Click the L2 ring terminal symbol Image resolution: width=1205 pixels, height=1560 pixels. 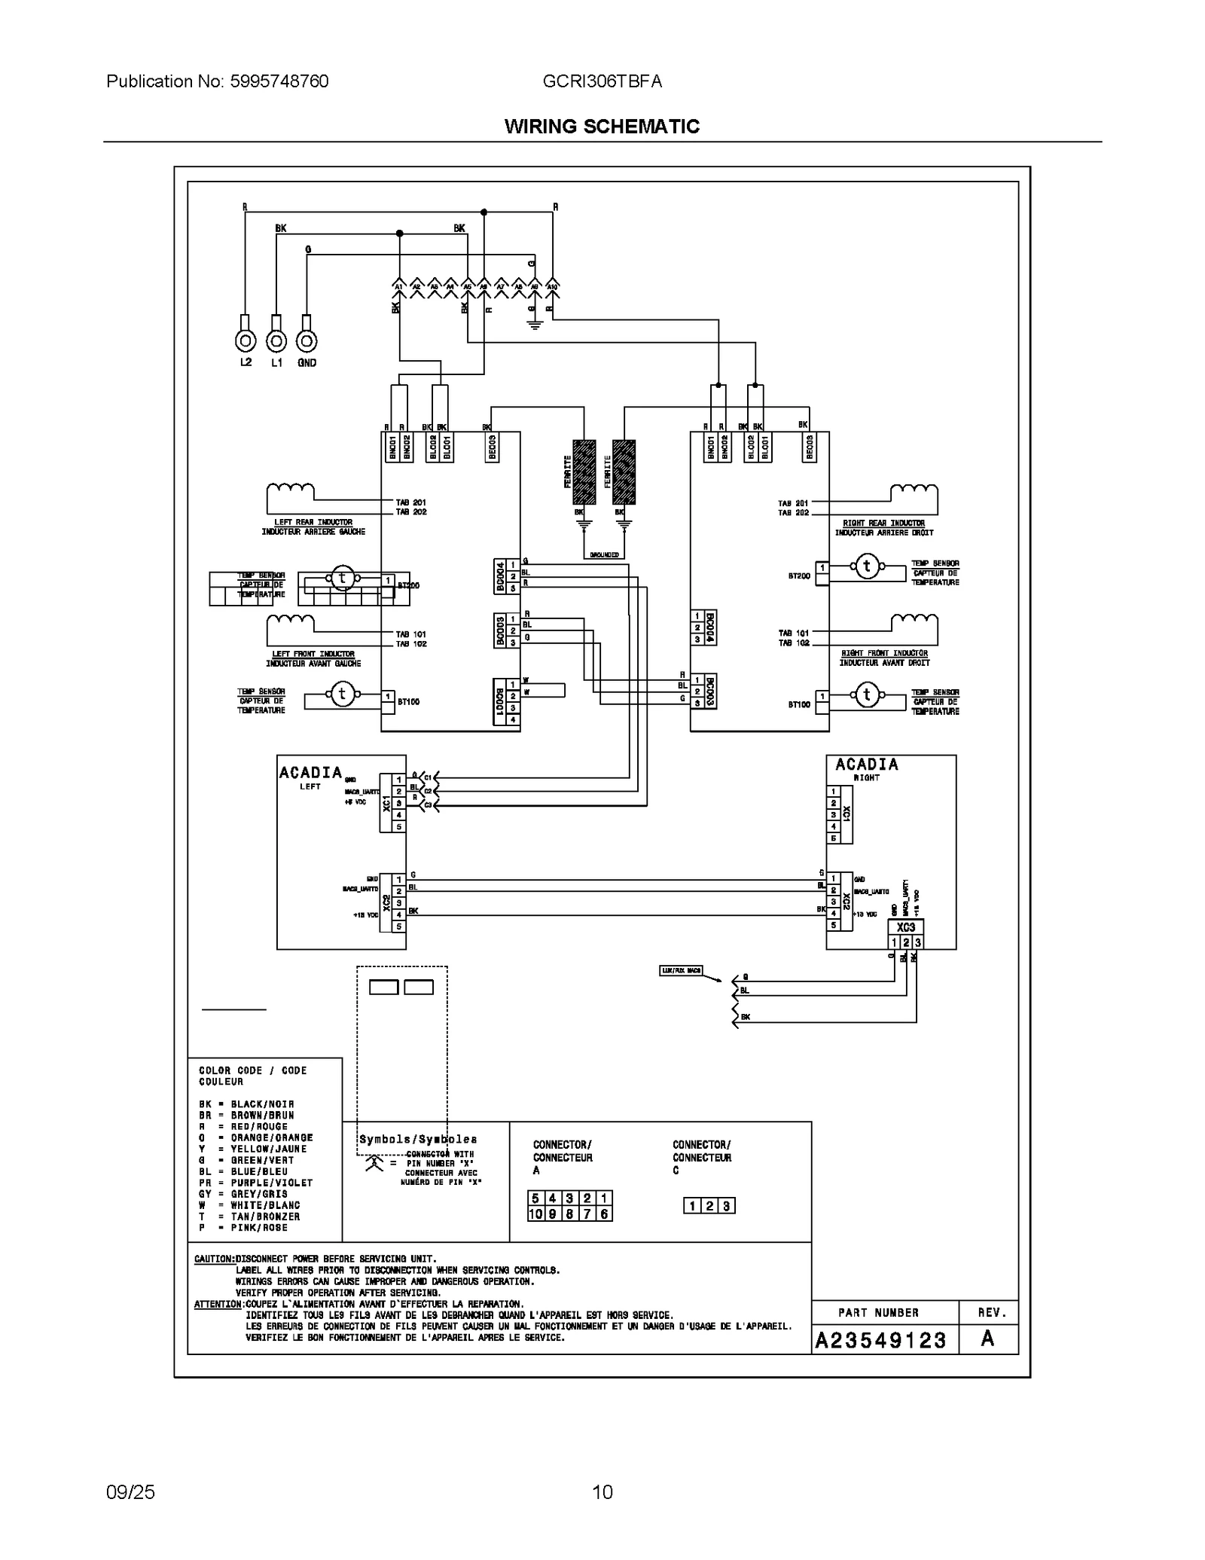pyautogui.click(x=246, y=341)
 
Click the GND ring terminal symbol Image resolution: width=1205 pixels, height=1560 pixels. pyautogui.click(x=307, y=341)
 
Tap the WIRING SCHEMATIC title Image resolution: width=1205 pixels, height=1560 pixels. pyautogui.click(x=602, y=127)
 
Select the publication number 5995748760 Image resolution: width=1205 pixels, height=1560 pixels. pyautogui.click(x=218, y=81)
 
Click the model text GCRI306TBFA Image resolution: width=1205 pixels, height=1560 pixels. pyautogui.click(x=602, y=81)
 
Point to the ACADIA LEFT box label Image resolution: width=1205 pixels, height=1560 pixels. pyautogui.click(x=310, y=775)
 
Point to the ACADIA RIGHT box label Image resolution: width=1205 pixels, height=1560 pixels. pyautogui.click(x=866, y=768)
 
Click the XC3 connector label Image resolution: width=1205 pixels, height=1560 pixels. pyautogui.click(x=905, y=928)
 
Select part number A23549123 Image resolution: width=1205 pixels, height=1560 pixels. pyautogui.click(x=880, y=1340)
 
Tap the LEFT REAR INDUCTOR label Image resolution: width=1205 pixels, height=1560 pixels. pyautogui.click(x=313, y=522)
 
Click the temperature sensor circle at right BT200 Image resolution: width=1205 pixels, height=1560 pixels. pyautogui.click(x=866, y=566)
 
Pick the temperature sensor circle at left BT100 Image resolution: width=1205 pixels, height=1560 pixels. pyautogui.click(x=342, y=694)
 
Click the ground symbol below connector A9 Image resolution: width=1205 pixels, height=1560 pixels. pyautogui.click(x=534, y=326)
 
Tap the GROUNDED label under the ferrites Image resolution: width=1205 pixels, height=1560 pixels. pyautogui.click(x=604, y=555)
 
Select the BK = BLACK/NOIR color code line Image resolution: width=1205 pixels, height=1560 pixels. pyautogui.click(x=246, y=1104)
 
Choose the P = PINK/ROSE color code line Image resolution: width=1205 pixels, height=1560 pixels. pyautogui.click(x=243, y=1228)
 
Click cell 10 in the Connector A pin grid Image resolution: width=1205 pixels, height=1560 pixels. pyautogui.click(x=535, y=1214)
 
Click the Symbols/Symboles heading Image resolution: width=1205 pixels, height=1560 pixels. pyautogui.click(x=418, y=1140)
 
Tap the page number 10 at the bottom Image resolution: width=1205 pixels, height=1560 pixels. pyautogui.click(x=602, y=1491)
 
